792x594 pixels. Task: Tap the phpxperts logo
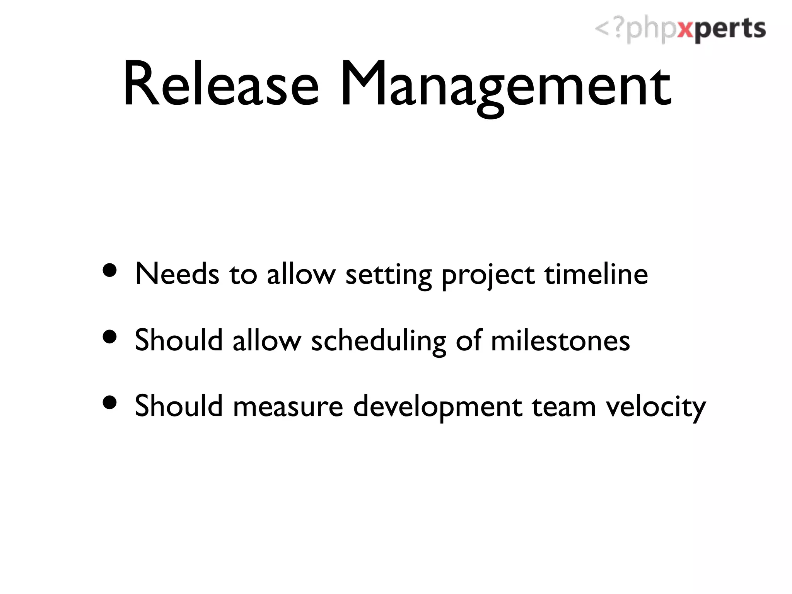(x=680, y=29)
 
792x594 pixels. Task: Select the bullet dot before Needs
(x=110, y=270)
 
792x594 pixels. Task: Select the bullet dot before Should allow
(x=110, y=336)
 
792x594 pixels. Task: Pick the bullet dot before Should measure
(x=110, y=403)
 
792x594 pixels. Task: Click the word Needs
(x=177, y=274)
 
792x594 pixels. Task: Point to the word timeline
(x=596, y=274)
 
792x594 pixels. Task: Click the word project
(x=488, y=276)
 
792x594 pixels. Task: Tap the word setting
(x=388, y=276)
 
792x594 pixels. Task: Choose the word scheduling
(x=379, y=341)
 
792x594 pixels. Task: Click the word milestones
(x=560, y=340)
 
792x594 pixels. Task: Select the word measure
(x=288, y=407)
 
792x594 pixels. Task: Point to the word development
(x=437, y=408)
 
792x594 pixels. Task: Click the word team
(x=563, y=407)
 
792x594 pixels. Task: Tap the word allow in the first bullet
(x=301, y=274)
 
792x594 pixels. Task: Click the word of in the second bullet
(x=468, y=340)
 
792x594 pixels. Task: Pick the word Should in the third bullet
(x=179, y=406)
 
